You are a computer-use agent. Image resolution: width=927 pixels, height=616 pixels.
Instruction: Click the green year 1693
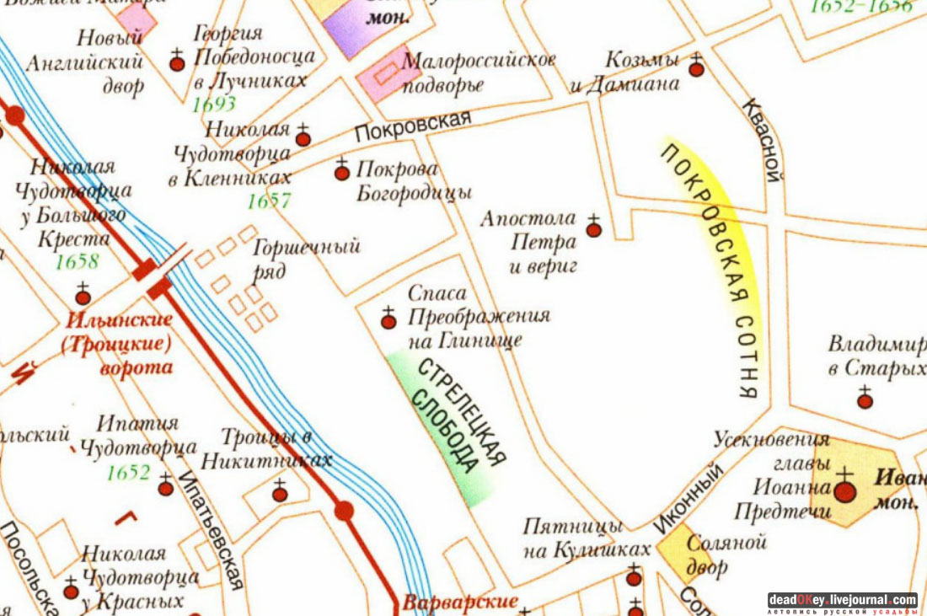click(214, 104)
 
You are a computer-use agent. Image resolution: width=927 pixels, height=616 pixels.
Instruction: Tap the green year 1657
click(269, 201)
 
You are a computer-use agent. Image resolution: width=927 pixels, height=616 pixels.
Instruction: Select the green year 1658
click(77, 261)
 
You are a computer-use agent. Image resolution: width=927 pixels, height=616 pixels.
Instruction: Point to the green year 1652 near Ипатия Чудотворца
click(128, 473)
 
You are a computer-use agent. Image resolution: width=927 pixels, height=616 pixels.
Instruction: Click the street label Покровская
click(412, 127)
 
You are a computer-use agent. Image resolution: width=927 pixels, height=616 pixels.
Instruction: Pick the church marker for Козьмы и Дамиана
click(696, 68)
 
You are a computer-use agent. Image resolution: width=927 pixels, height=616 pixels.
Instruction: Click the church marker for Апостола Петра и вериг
click(593, 228)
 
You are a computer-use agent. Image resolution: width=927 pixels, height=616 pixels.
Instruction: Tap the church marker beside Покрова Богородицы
click(341, 172)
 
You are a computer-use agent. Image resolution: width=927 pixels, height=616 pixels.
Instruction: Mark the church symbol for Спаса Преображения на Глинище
click(388, 320)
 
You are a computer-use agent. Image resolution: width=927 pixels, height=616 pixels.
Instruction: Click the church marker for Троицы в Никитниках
click(279, 494)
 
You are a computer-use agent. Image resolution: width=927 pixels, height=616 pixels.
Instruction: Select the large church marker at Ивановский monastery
click(844, 490)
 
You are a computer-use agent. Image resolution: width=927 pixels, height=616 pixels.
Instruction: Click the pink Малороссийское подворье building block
click(388, 73)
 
